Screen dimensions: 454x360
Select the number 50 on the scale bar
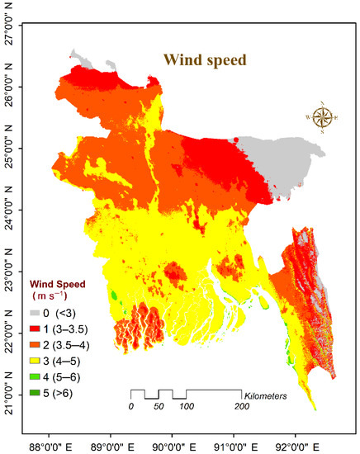pos(159,408)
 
